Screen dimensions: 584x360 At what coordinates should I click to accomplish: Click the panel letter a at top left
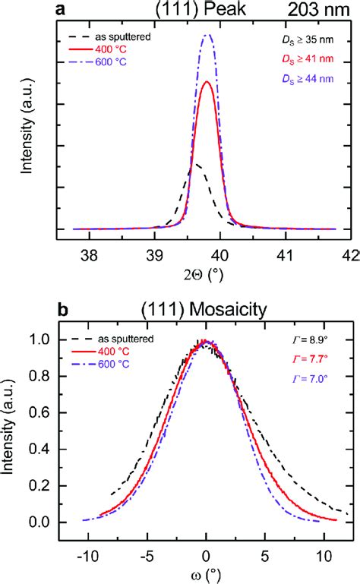pyautogui.click(x=65, y=9)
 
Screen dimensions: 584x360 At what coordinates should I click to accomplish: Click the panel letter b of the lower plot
pyautogui.click(x=65, y=309)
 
